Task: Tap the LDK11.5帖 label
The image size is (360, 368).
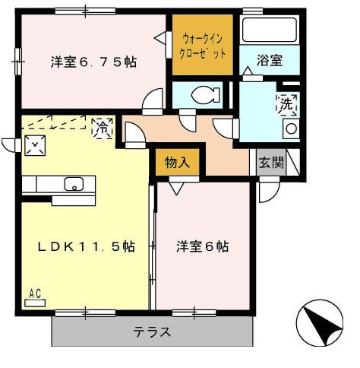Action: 77,246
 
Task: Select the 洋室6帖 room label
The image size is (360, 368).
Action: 203,246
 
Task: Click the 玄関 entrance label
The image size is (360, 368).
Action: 270,162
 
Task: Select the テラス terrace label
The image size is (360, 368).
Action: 152,332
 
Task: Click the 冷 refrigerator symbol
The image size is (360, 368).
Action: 100,127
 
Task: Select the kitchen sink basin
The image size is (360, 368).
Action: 74,184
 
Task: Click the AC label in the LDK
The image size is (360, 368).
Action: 35,293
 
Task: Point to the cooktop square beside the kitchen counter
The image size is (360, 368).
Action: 33,144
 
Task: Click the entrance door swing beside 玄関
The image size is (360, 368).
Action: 267,190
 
